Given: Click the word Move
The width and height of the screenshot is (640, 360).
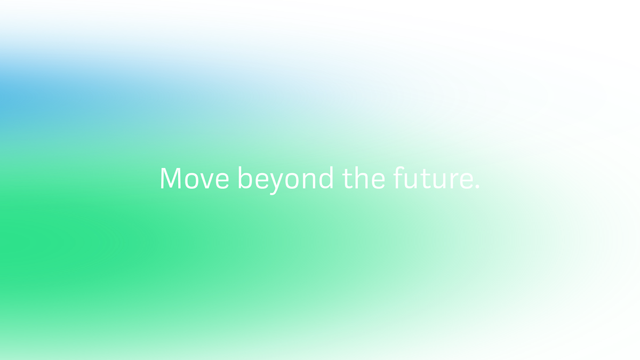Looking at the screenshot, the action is point(195,178).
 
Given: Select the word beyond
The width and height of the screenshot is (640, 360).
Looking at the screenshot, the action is point(286,180).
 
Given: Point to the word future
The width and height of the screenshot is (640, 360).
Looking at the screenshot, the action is point(433,178).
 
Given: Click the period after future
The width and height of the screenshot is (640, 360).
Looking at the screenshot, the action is point(477,187).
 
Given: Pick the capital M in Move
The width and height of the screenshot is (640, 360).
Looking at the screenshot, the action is point(171,178).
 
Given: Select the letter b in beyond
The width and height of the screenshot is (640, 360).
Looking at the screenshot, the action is point(245,178).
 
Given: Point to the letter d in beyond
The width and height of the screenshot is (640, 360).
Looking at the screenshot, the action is point(326,178).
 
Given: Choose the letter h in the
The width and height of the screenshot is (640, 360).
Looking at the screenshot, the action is point(361,178).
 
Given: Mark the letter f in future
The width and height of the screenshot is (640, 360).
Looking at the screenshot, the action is point(398,178).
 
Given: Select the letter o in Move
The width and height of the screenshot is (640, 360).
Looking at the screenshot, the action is point(191,181).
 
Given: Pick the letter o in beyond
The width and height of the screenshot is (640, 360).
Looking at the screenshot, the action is point(292,181).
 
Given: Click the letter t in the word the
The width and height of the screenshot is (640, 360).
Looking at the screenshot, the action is point(347,179).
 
